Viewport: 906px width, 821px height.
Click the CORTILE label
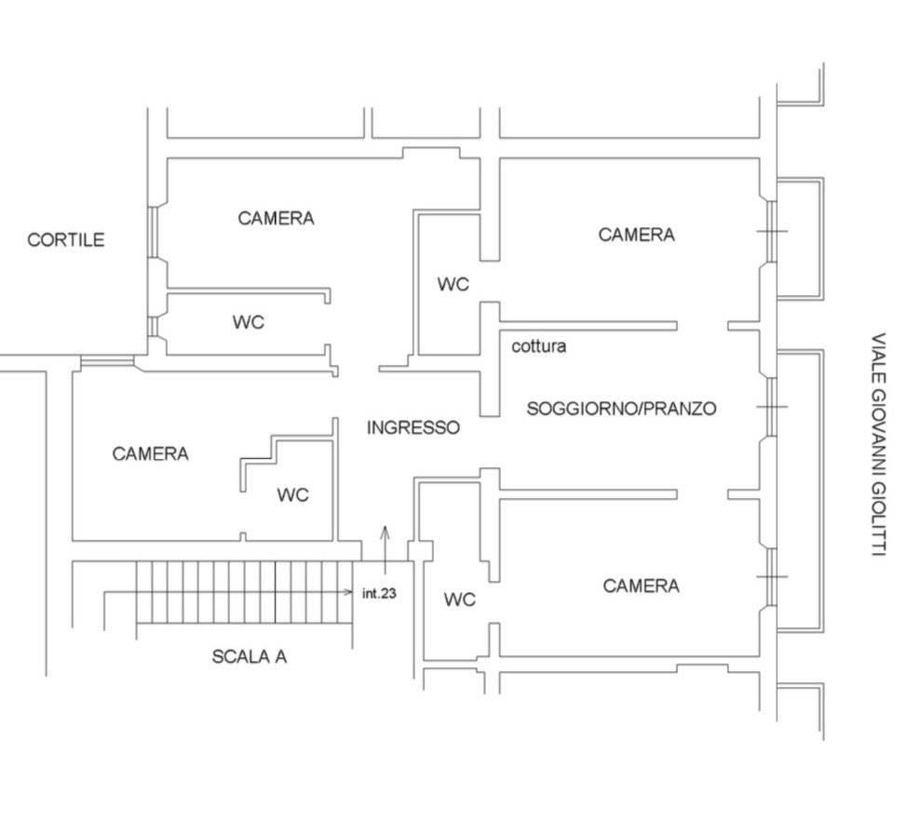(66, 240)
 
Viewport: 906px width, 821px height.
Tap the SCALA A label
(249, 656)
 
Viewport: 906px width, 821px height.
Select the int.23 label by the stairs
(379, 593)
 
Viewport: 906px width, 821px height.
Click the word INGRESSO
(413, 427)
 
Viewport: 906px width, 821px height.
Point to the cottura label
(538, 346)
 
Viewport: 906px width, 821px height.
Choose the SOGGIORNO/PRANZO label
(621, 409)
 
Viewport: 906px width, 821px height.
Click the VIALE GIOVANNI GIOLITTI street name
(878, 444)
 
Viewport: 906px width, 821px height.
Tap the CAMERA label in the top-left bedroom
(277, 218)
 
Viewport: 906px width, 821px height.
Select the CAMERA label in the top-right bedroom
(636, 235)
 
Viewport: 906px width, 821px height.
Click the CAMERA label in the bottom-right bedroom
(641, 585)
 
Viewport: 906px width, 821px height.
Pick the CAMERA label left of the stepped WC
(150, 453)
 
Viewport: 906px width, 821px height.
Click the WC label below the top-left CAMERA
(249, 322)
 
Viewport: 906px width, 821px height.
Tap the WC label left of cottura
(453, 284)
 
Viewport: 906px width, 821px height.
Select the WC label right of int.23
(459, 599)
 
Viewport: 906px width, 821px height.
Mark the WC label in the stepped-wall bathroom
(292, 494)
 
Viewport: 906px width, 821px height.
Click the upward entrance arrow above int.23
(385, 551)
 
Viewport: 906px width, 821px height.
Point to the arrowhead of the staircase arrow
(348, 592)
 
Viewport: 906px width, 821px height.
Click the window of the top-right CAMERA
(771, 231)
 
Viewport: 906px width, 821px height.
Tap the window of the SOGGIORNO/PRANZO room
(771, 407)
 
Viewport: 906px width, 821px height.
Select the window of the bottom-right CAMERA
(771, 576)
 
